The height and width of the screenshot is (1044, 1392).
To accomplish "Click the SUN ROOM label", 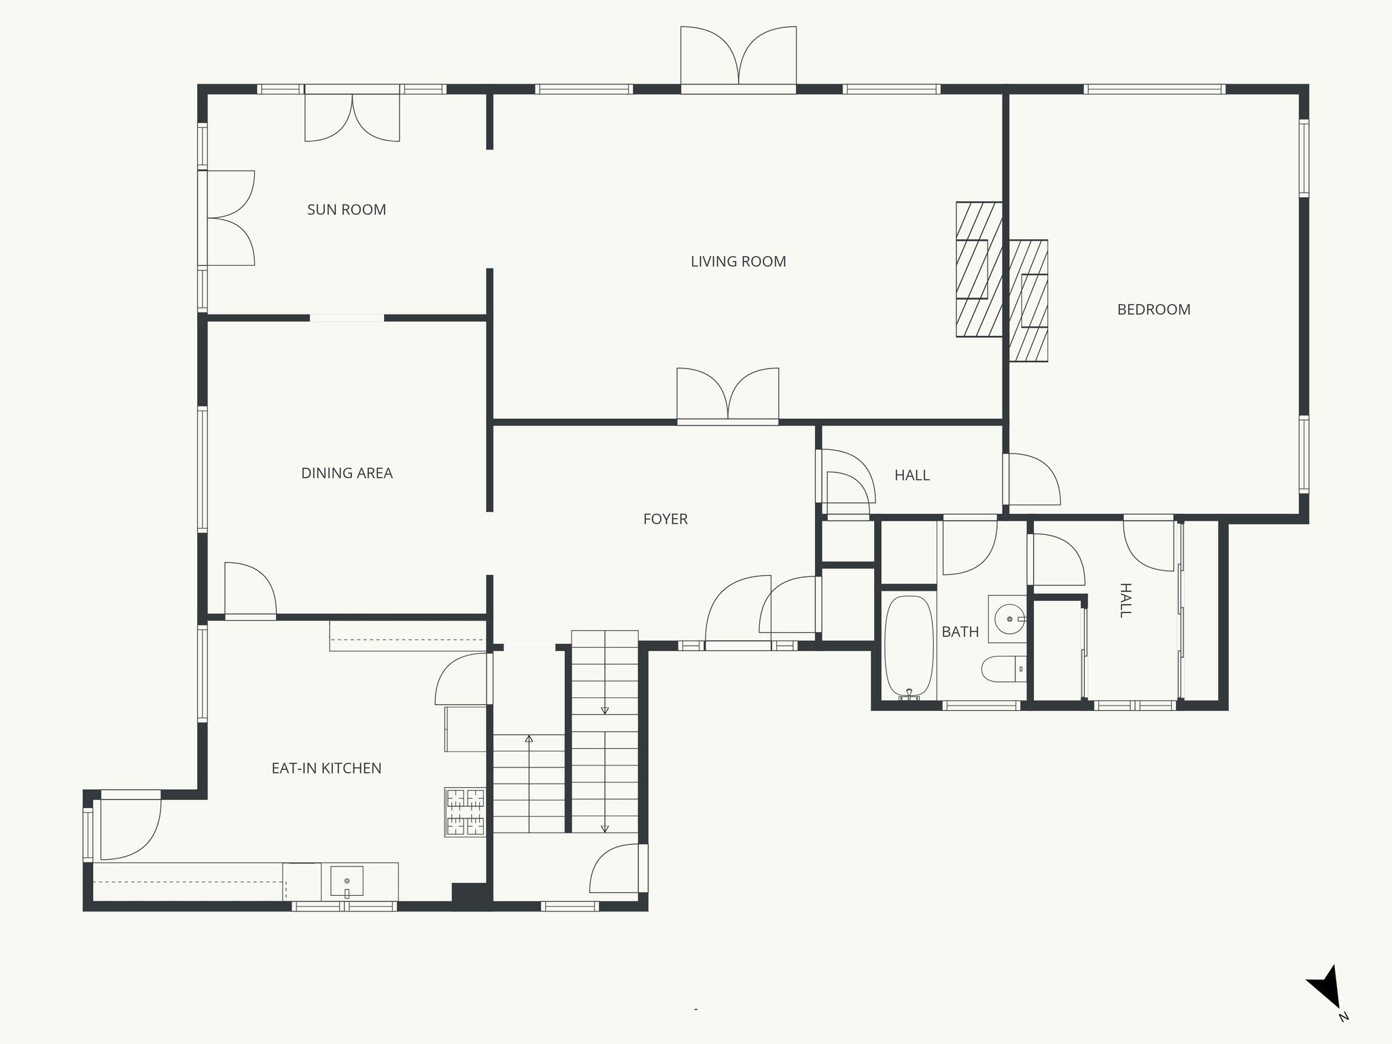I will (x=347, y=210).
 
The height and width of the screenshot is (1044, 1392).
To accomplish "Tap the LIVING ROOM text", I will (x=738, y=262).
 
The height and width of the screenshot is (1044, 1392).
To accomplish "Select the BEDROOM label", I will (x=1153, y=310).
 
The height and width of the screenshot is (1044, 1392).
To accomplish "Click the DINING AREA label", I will (x=347, y=473).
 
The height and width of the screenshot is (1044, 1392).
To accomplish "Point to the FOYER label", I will (x=665, y=519).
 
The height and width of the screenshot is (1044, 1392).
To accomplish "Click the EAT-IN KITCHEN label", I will (x=326, y=769).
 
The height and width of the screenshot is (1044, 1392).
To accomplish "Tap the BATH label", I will (x=960, y=632).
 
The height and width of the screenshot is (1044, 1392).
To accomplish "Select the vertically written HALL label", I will (x=1125, y=600).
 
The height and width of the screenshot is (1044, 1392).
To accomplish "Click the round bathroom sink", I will (x=1009, y=619).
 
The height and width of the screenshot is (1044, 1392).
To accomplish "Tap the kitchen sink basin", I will (x=347, y=881).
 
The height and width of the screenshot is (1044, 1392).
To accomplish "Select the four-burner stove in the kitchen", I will (x=466, y=812).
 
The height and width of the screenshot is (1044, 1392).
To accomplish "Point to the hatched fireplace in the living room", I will (x=979, y=269).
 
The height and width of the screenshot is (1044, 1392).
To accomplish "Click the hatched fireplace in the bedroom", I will (x=1028, y=300).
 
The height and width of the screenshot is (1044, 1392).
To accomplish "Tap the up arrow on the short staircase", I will (x=529, y=738).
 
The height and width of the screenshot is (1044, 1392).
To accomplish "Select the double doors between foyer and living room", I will (x=728, y=396).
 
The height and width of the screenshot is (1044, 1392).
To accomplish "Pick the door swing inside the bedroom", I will (x=1033, y=480).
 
